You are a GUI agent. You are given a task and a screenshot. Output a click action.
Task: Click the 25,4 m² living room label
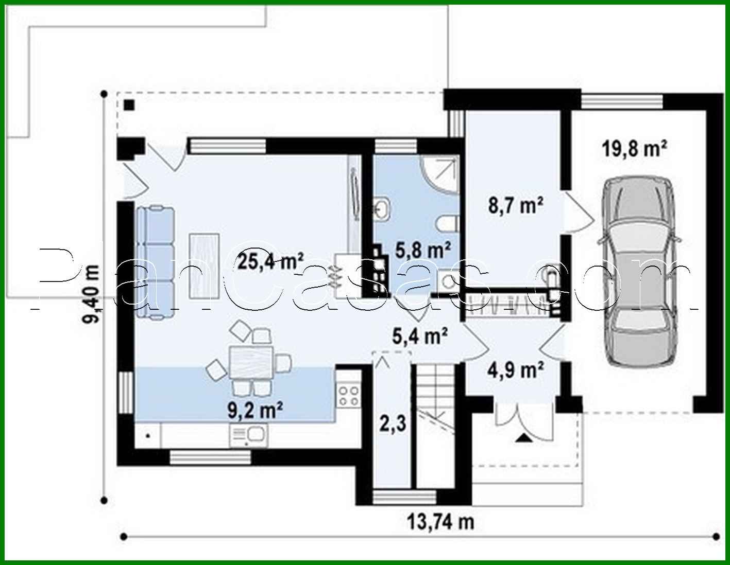tap(270, 260)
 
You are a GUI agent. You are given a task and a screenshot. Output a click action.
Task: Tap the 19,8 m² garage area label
tap(634, 149)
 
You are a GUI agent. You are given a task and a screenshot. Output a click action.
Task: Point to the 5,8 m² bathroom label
tap(423, 251)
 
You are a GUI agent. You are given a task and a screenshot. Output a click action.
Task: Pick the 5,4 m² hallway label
tap(420, 337)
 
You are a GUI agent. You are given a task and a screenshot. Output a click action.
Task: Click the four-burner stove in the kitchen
tap(349, 396)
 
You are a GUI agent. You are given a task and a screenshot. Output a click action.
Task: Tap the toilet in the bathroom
tap(447, 224)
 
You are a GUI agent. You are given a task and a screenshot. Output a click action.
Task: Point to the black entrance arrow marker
tap(523, 438)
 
